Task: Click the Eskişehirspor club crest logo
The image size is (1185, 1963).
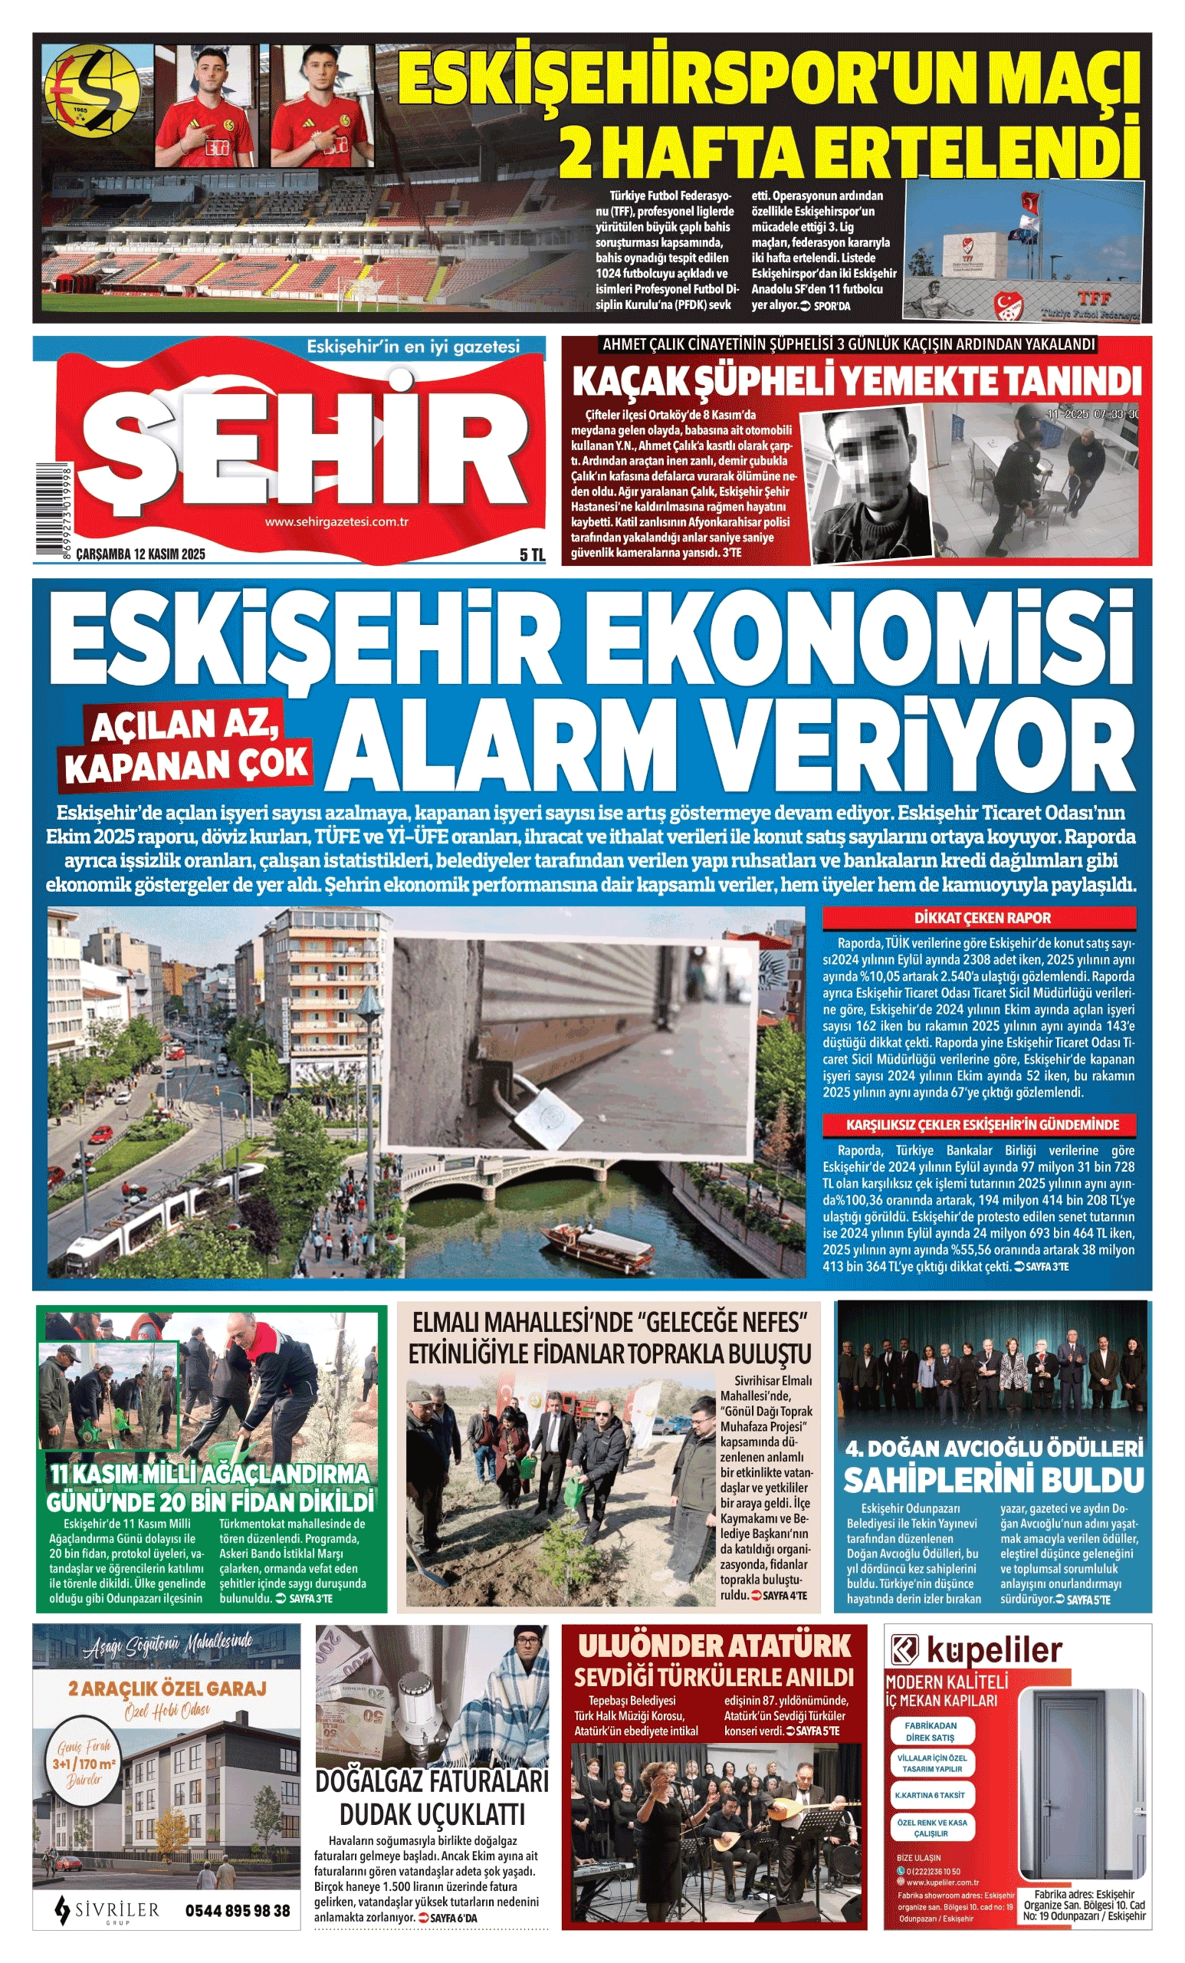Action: [91, 88]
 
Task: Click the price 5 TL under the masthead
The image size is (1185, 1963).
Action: [531, 554]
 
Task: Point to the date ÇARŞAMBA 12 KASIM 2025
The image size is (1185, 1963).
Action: [140, 554]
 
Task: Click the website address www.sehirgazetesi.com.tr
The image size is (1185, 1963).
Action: [336, 522]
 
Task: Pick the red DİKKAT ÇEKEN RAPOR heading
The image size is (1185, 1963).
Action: [981, 918]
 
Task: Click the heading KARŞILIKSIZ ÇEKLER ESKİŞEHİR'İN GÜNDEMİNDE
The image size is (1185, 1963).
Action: [981, 1125]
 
